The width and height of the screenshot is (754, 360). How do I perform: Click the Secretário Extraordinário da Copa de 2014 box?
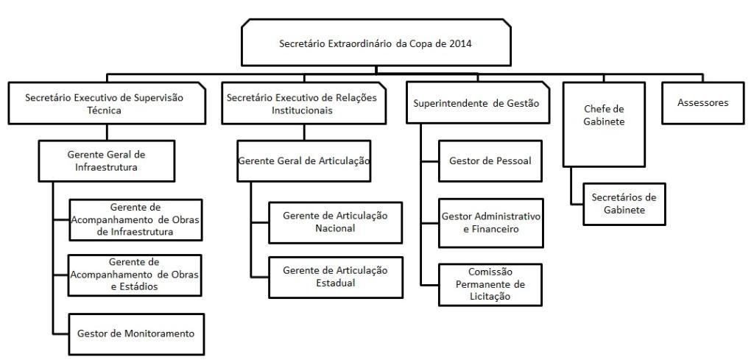point(376,43)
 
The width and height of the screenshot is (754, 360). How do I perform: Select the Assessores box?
point(702,103)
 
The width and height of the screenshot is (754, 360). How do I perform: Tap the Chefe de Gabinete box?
point(604,124)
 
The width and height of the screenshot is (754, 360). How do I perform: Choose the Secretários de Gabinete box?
point(624,204)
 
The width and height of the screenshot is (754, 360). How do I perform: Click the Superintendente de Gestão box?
point(478,103)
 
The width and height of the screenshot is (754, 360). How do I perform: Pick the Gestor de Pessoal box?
point(490,160)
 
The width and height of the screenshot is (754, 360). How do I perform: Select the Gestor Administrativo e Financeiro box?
point(490,223)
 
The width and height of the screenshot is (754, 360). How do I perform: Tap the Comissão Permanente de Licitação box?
point(490,284)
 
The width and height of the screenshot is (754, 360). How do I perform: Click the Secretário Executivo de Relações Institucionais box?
point(304,103)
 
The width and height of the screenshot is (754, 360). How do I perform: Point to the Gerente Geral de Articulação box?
point(304,160)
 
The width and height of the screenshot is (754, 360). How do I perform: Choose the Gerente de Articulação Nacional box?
point(335,222)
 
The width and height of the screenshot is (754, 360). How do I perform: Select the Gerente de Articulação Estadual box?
point(335,278)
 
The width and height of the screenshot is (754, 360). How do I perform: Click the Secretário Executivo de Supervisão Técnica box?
point(107,103)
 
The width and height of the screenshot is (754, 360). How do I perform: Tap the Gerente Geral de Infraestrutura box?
point(106,160)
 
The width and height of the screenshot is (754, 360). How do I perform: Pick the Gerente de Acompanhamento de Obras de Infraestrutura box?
point(135,219)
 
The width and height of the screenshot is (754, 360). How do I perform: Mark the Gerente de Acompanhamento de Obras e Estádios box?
point(135,275)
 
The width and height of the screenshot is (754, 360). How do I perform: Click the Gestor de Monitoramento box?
point(136,334)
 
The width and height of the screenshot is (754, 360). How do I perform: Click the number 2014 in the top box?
point(460,43)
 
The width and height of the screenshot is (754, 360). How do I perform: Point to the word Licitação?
point(490,297)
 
